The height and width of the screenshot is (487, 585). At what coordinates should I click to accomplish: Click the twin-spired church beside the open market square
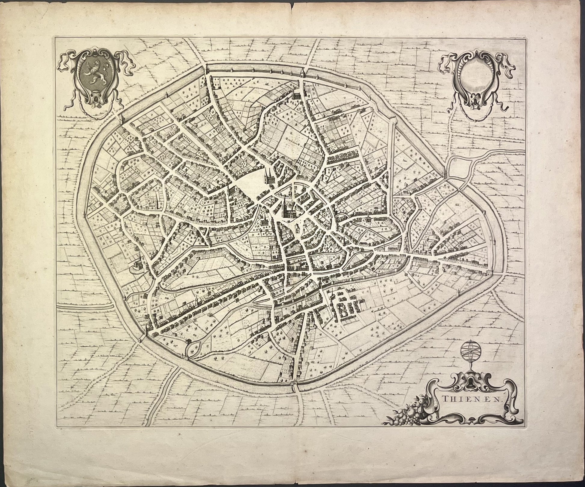coord(268,177)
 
